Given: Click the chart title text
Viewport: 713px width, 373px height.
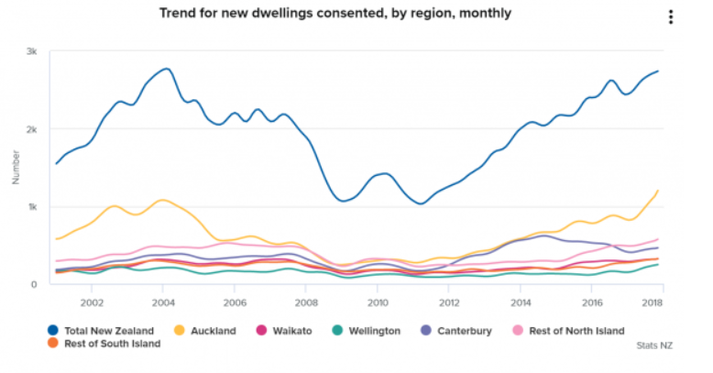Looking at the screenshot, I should tap(335, 14).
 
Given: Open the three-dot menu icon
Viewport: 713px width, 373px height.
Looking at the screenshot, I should tap(671, 17).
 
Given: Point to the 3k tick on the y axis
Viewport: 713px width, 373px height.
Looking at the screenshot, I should tap(31, 51).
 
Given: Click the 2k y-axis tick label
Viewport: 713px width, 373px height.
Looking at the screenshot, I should tap(31, 129).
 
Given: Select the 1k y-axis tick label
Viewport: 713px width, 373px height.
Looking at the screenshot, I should tap(31, 207).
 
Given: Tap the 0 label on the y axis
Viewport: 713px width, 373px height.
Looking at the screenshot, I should tap(34, 284).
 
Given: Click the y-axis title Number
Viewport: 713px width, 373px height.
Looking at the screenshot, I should tap(15, 168).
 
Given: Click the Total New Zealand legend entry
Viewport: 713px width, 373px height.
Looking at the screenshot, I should tap(101, 330).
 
